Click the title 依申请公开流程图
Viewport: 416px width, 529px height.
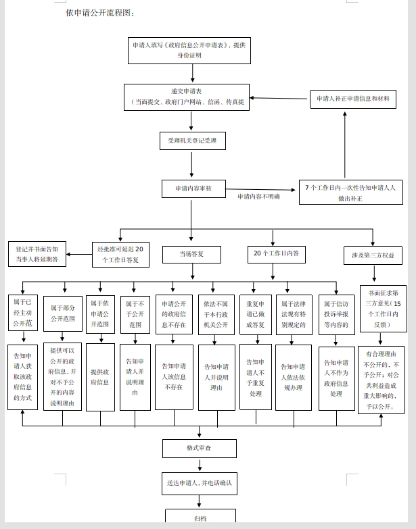95,13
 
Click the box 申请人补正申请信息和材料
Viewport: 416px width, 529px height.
352,99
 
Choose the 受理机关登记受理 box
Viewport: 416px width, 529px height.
192,141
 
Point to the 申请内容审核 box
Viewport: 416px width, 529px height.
193,188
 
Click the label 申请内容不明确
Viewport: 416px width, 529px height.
258,197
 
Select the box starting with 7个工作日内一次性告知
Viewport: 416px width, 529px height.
350,193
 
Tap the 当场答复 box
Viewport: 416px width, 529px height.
191,254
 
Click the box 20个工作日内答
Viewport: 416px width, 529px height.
275,254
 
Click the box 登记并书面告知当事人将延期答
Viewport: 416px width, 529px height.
37,253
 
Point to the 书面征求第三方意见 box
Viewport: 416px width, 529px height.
384,308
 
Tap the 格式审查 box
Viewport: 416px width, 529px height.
200,448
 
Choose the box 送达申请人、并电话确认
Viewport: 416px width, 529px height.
200,484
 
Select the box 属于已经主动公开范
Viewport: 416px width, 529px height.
22,313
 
